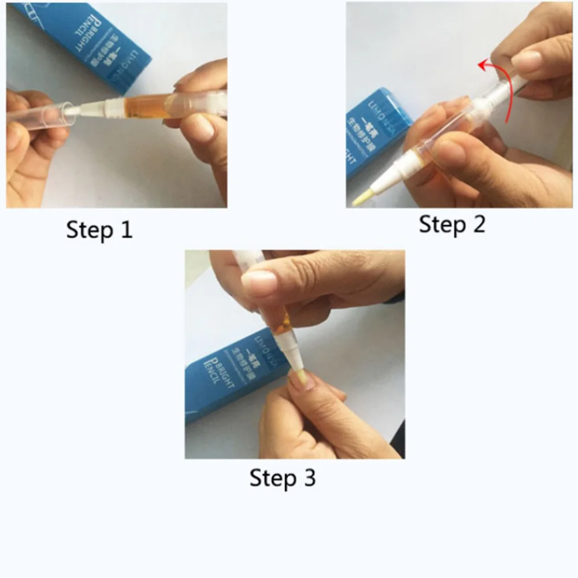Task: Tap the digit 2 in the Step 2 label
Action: coord(477,224)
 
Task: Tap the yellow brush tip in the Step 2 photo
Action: coord(360,200)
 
